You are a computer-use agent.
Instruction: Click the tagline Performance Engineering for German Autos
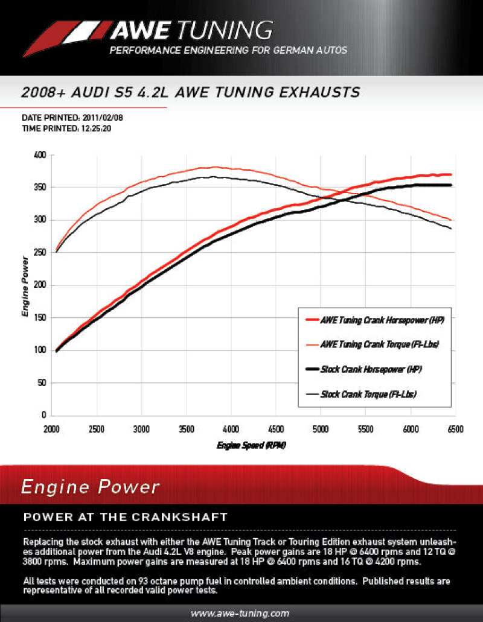point(228,50)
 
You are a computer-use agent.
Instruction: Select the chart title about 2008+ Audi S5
point(190,92)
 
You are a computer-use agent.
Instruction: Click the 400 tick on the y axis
point(39,155)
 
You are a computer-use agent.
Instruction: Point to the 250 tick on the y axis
point(39,253)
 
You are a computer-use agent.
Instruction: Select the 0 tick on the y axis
point(43,416)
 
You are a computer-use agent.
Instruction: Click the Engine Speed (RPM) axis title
point(251,446)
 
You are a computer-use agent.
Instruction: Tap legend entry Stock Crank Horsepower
point(371,369)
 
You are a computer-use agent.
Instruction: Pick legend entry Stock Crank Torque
point(369,394)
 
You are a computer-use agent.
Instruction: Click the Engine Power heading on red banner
point(91,487)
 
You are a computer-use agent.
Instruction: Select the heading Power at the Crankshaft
point(125,517)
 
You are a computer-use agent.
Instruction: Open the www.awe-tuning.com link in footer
point(240,613)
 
